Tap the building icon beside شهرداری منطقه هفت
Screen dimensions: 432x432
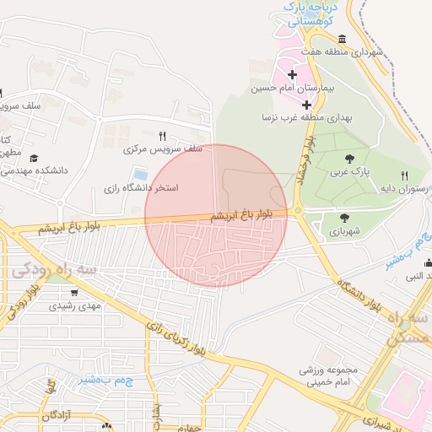341,39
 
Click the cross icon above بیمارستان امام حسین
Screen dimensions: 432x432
293,75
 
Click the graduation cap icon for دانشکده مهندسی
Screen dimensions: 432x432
34,158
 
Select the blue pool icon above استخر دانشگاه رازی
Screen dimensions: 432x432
140,174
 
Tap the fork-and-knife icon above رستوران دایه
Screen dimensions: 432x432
404,175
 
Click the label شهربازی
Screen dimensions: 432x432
344,230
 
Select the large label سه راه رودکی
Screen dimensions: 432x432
55,270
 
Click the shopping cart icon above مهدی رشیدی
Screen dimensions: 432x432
75,292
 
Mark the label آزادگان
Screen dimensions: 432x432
67,416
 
